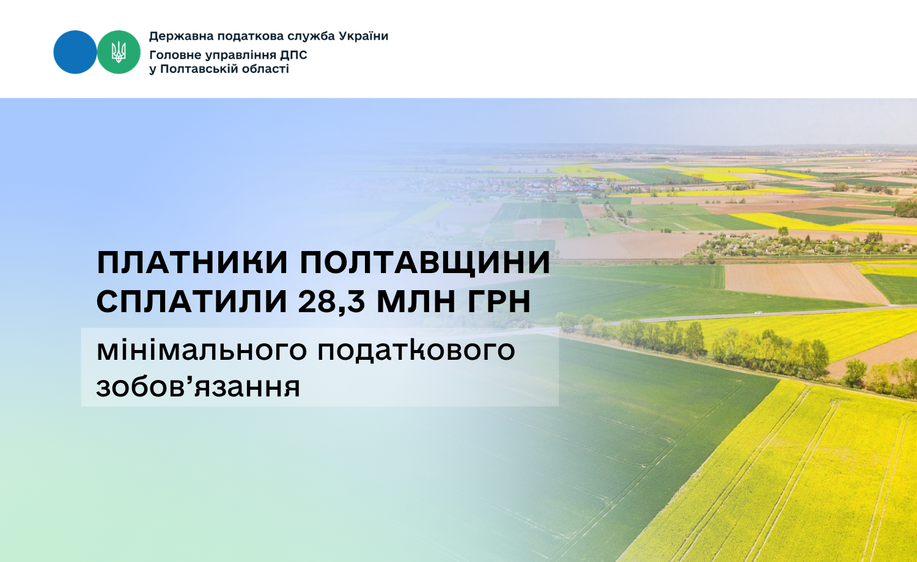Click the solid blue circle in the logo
75,52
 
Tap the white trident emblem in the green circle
119,52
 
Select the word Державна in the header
181,37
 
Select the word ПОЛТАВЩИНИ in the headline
425,264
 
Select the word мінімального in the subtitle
202,350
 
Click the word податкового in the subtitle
416,351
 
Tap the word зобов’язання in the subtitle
199,387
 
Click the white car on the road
759,313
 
